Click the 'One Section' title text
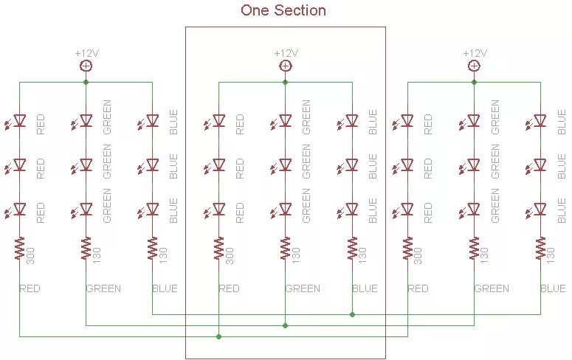pos(283,10)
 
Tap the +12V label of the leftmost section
pos(86,53)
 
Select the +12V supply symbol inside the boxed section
pos(285,66)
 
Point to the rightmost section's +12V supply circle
pos(474,66)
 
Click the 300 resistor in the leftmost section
pos(20,249)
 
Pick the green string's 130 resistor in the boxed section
pos(285,249)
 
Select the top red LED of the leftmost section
pos(20,121)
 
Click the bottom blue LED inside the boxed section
pos(352,210)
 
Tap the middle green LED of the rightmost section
pos(474,165)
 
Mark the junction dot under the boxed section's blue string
pos(352,314)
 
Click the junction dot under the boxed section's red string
pos(218,336)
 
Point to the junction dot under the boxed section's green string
pos(285,325)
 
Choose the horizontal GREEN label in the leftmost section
pos(103,288)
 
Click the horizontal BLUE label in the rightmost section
pos(553,288)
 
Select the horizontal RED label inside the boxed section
pos(229,288)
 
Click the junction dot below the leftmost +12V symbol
pos(86,82)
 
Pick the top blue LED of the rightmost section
pos(540,121)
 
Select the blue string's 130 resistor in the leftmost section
pos(153,249)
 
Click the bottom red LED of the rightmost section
pos(407,210)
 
